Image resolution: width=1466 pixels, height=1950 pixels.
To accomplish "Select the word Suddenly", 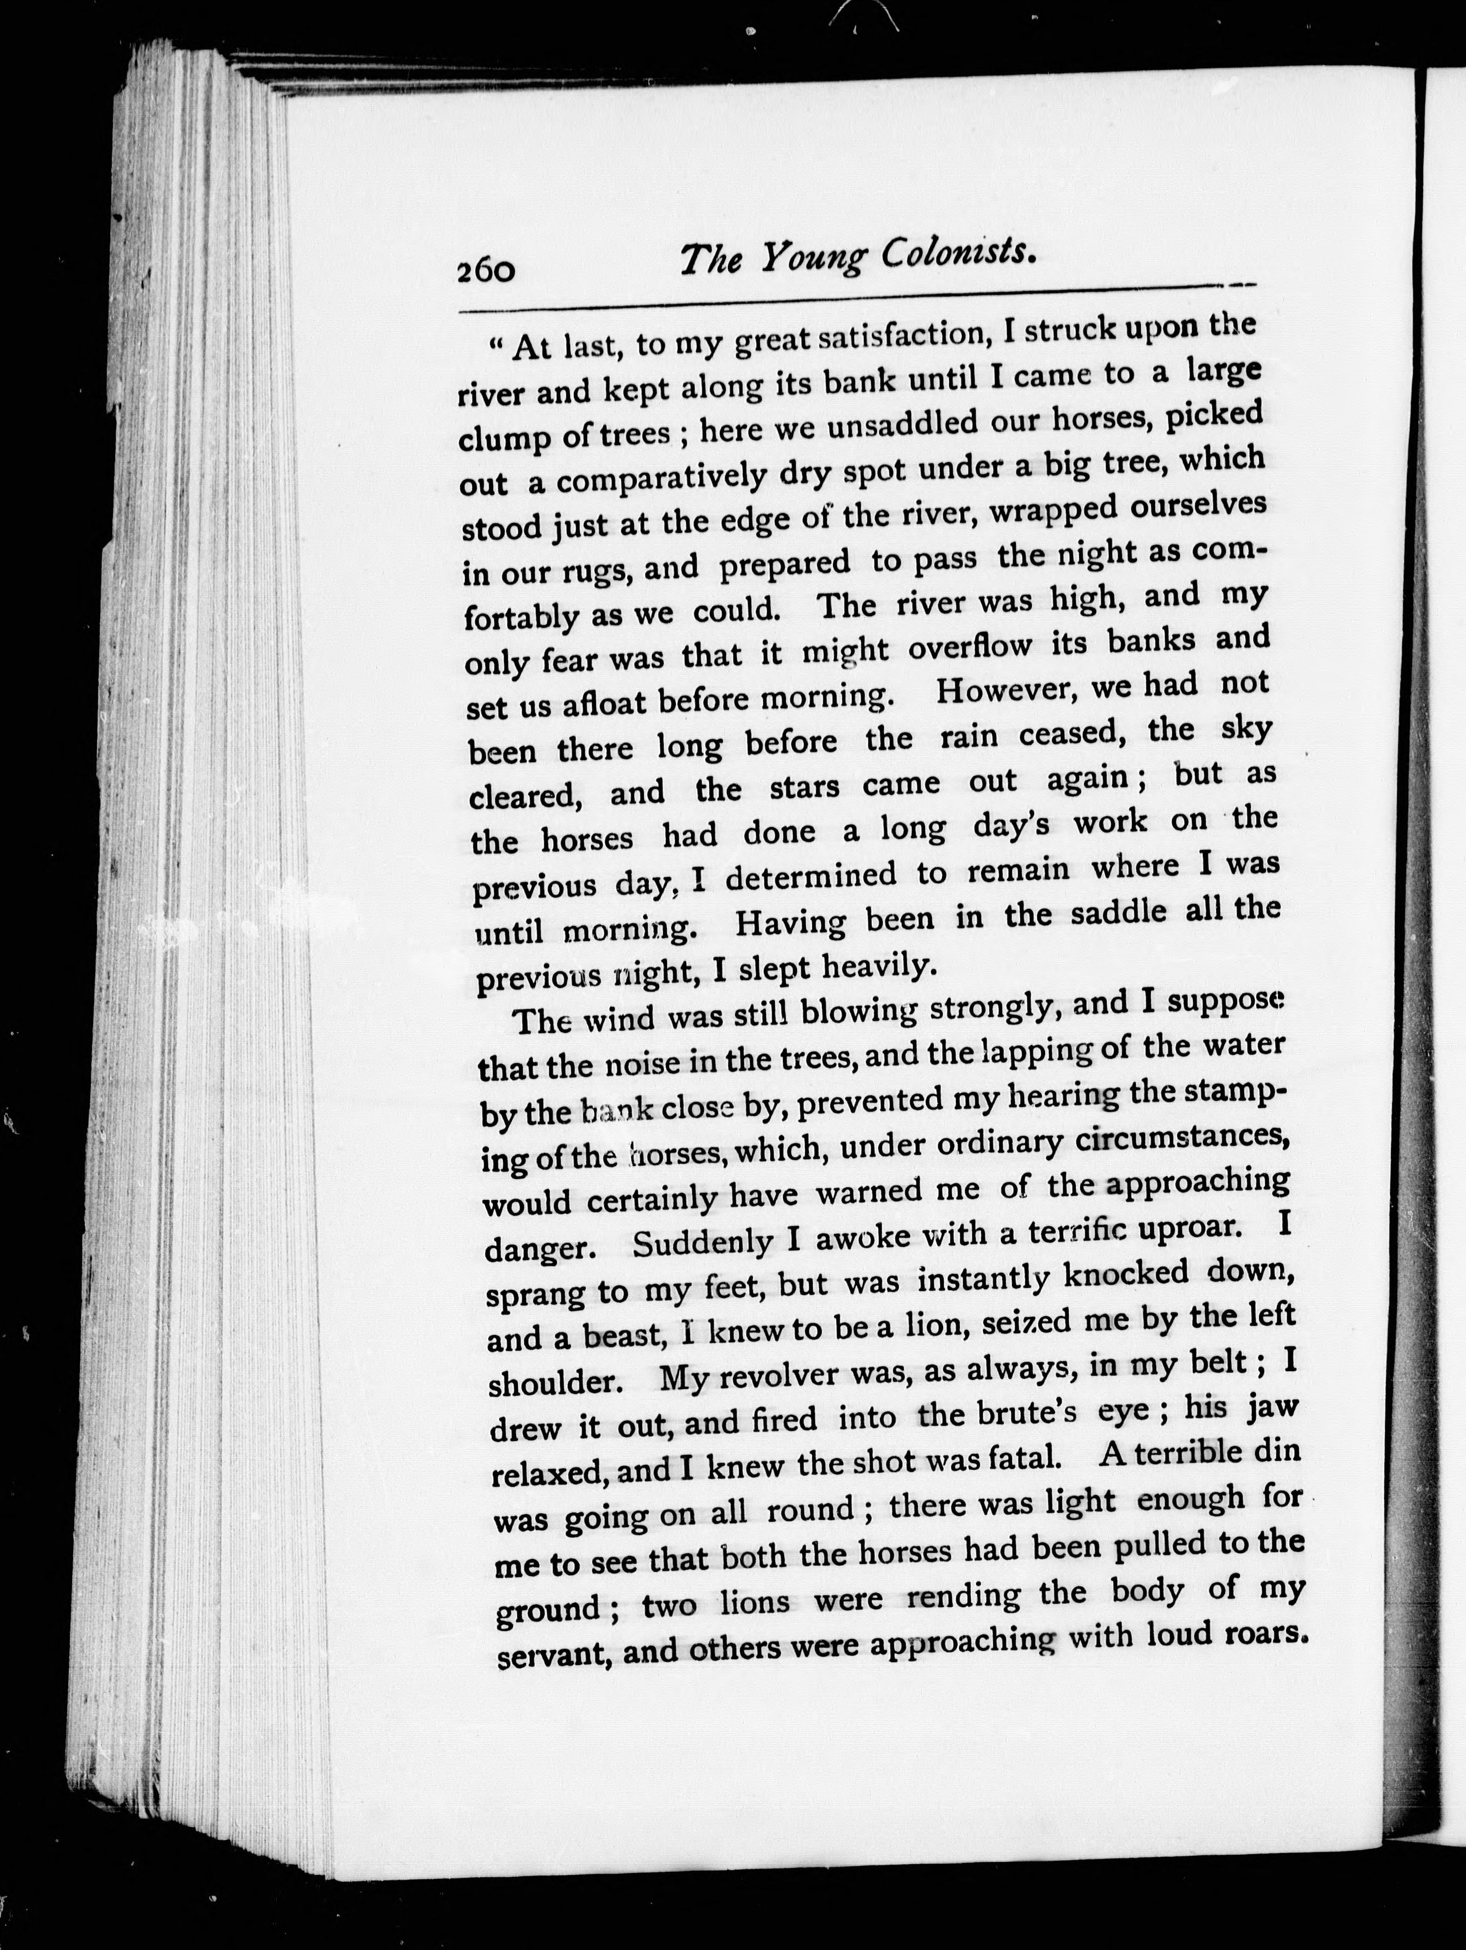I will tap(703, 1243).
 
